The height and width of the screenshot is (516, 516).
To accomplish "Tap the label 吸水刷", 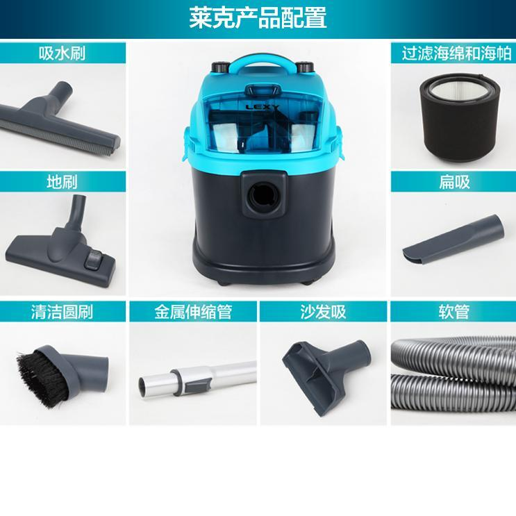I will coord(63,53).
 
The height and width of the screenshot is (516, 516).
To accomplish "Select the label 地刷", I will coord(63,182).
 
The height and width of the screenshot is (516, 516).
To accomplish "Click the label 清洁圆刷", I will coord(63,312).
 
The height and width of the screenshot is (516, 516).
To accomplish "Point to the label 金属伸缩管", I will coord(193,312).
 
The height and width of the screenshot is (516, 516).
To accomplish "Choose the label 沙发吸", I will coord(323,312).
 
